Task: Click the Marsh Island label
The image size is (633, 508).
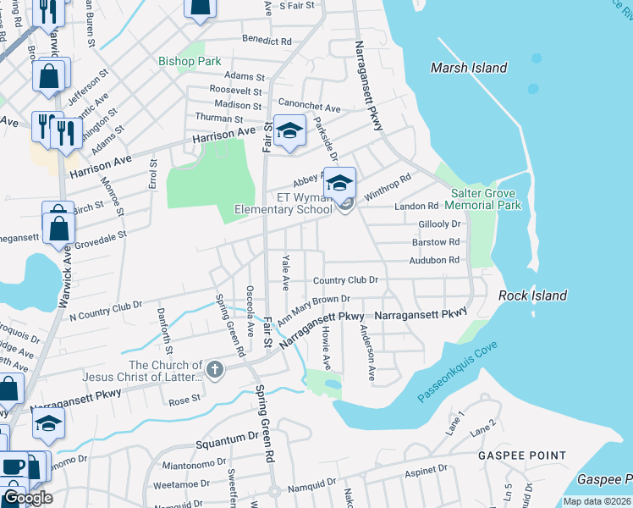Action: tap(468, 68)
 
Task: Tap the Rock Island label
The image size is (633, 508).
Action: tap(532, 295)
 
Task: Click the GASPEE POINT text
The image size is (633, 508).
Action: tap(523, 456)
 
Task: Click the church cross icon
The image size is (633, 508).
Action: tap(215, 369)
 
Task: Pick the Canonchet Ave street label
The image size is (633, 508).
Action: tap(310, 108)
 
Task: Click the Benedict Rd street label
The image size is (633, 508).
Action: tap(267, 40)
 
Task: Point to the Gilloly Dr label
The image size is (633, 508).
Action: tap(439, 224)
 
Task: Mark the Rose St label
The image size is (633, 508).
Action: tap(185, 399)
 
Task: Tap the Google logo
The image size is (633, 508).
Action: tap(28, 498)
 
